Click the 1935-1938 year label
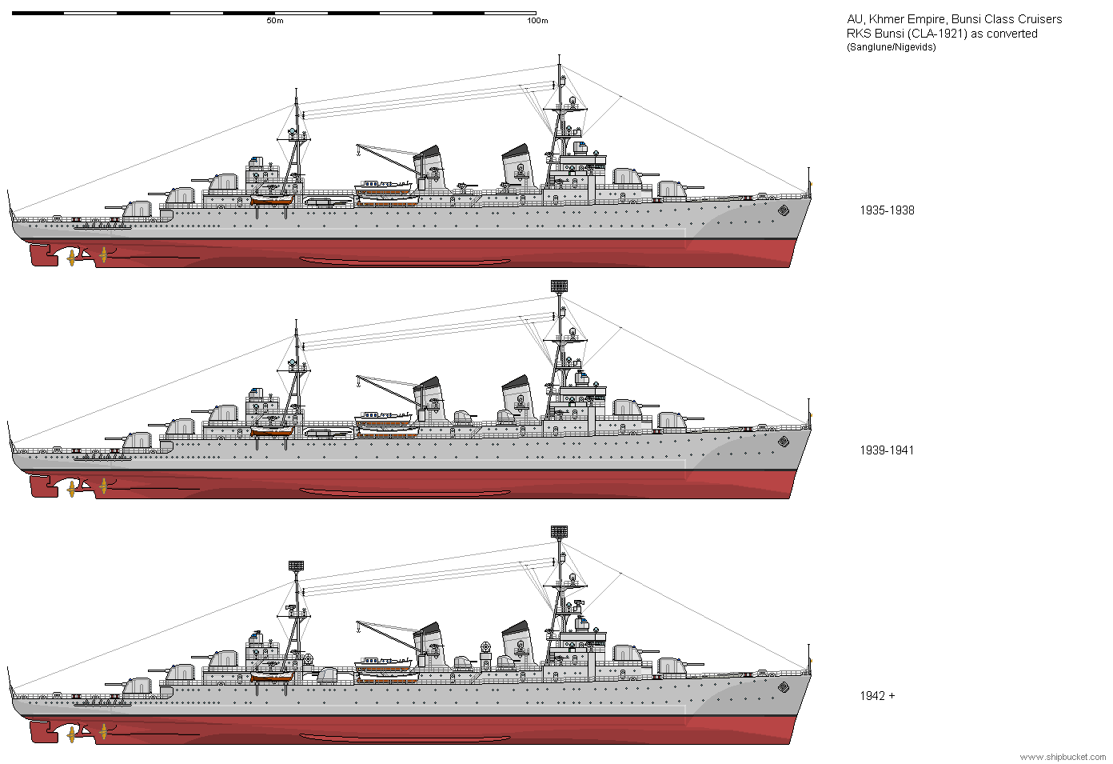(887, 210)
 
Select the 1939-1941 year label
(887, 450)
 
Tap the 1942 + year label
(877, 696)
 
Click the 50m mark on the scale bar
(274, 21)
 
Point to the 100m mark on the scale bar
(537, 21)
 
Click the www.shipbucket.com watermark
(1063, 757)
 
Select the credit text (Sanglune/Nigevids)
(891, 47)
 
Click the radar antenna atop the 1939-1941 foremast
(559, 286)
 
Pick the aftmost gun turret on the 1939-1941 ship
(137, 441)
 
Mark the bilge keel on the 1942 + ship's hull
(405, 738)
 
